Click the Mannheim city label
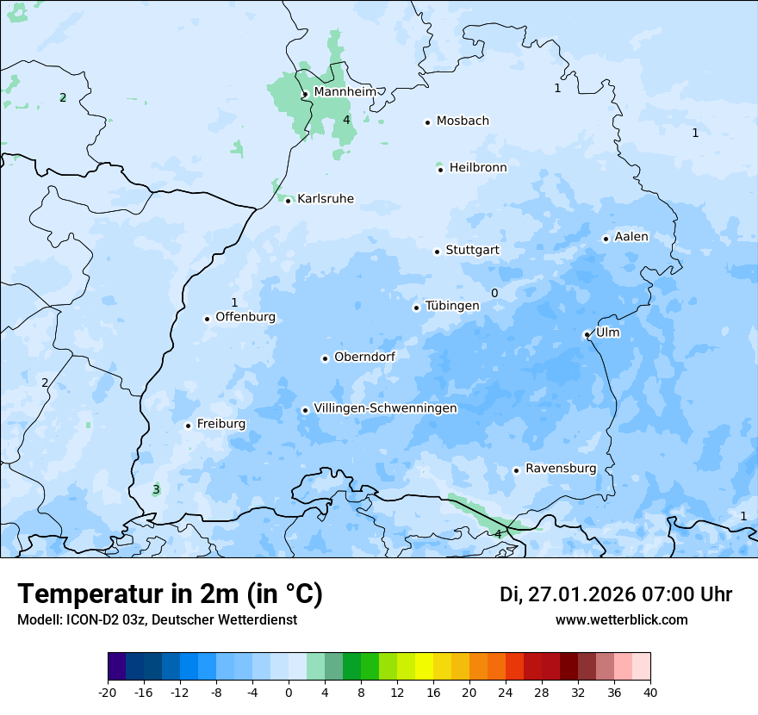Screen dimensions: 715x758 pos(345,91)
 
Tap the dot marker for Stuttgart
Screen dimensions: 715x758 pos(437,252)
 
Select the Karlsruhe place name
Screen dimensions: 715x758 pos(325,199)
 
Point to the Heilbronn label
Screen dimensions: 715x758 pos(478,168)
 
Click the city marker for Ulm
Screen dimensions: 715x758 pos(587,334)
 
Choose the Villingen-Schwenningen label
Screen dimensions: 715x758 pos(385,408)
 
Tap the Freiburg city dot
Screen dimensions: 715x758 pos(188,426)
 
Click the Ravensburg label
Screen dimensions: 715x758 pos(560,469)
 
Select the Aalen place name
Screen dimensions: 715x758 pos(631,237)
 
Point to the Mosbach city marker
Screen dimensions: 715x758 pos(427,122)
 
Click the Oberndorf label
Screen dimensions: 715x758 pos(364,357)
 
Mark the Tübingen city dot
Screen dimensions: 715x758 pos(416,308)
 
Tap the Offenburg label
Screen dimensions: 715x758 pos(245,317)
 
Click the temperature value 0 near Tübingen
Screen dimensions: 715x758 pos(494,293)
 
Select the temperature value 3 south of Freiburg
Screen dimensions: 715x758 pos(156,489)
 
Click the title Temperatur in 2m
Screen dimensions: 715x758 pos(170,594)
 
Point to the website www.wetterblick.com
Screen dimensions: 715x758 pos(621,619)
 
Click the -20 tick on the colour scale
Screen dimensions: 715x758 pos(108,691)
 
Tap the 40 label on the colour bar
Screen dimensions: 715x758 pos(649,691)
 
